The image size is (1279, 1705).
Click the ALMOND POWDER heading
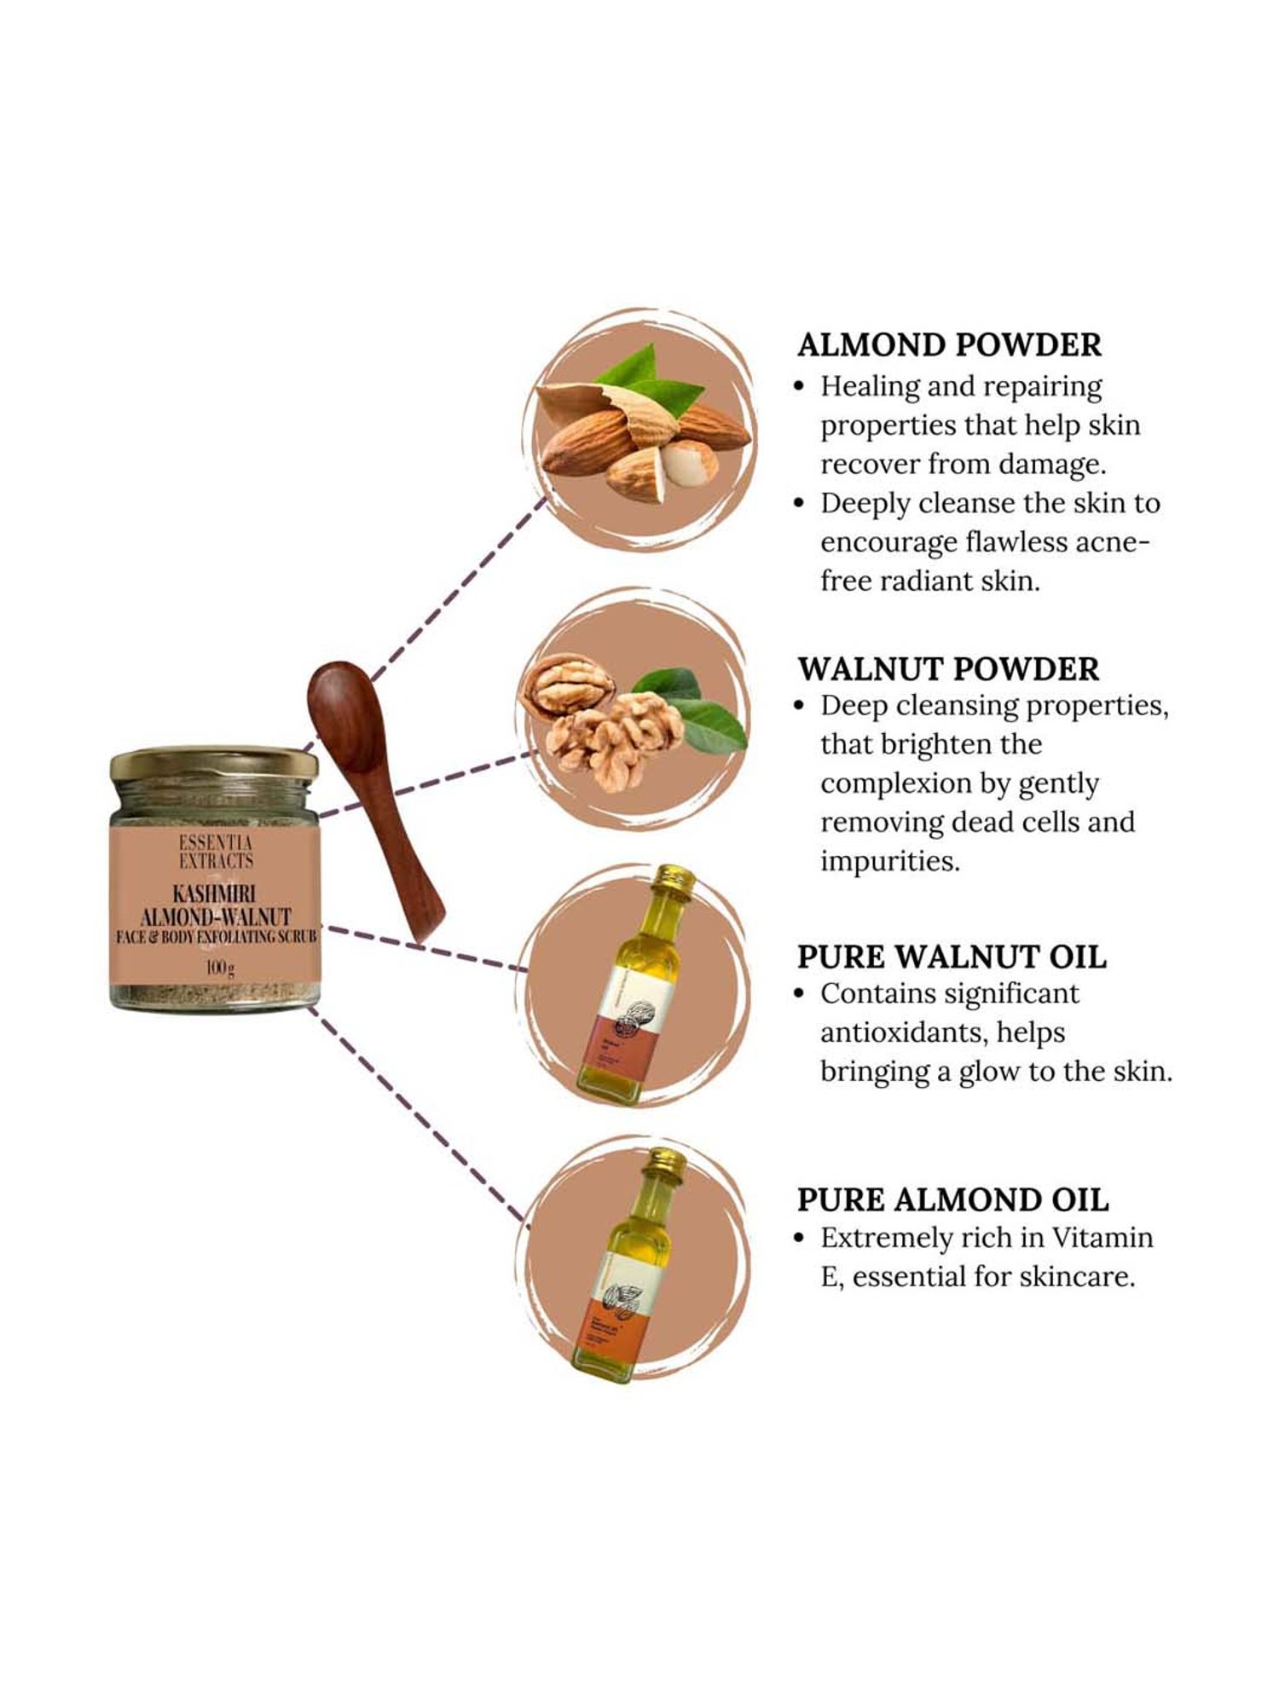coord(948,345)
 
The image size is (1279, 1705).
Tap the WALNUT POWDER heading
coord(948,669)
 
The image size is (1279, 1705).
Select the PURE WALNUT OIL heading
coord(951,957)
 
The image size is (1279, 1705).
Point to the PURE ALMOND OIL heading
coord(952,1199)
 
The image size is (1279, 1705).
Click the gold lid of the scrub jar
coord(213,763)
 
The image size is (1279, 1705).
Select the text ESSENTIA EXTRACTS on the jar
coord(216,852)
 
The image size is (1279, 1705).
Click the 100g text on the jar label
coord(219,968)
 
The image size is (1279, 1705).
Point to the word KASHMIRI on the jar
coord(215,895)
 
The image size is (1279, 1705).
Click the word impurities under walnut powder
coord(889,861)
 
